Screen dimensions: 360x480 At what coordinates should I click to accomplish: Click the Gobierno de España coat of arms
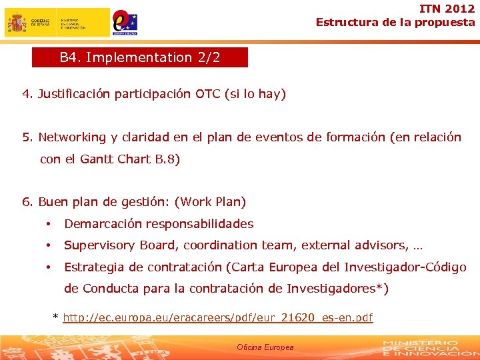pyautogui.click(x=17, y=23)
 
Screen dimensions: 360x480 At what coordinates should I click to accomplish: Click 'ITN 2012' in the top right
pyautogui.click(x=447, y=9)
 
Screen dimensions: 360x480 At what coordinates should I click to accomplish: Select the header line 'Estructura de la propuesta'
pyautogui.click(x=395, y=22)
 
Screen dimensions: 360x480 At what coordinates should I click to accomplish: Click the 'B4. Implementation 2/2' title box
pyautogui.click(x=140, y=57)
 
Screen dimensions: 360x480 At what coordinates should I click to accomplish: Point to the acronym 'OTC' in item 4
pyautogui.click(x=207, y=94)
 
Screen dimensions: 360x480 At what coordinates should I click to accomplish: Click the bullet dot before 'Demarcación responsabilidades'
pyautogui.click(x=49, y=224)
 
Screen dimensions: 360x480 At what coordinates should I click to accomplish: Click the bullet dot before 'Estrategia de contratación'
pyautogui.click(x=49, y=267)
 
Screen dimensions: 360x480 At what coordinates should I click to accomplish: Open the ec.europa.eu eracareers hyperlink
pyautogui.click(x=217, y=318)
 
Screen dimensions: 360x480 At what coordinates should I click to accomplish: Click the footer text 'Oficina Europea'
pyautogui.click(x=265, y=347)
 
